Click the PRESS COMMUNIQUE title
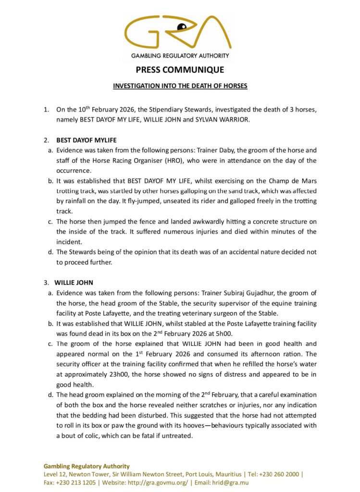(x=180, y=70)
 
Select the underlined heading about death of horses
(x=180, y=86)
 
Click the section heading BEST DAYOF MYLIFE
(x=87, y=140)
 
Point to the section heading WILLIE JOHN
(x=74, y=283)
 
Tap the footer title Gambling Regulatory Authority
(x=87, y=466)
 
